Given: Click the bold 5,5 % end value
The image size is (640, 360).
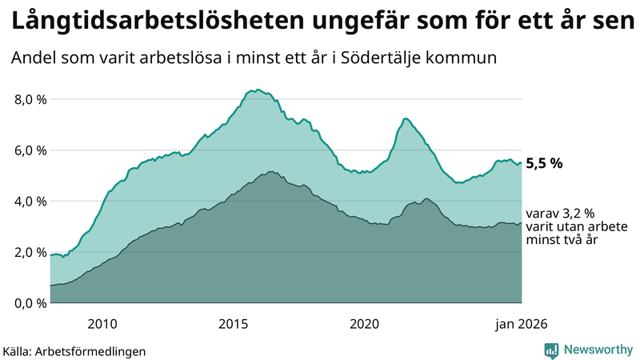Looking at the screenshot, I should pyautogui.click(x=544, y=162).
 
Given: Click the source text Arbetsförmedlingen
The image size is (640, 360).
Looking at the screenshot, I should pyautogui.click(x=100, y=350).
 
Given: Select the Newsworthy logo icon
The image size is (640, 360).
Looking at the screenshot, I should pyautogui.click(x=551, y=350).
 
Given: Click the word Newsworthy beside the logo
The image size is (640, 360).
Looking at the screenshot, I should pyautogui.click(x=598, y=350).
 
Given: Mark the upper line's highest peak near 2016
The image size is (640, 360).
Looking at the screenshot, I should pyautogui.click(x=258, y=90).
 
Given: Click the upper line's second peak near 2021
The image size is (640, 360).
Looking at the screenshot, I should pyautogui.click(x=406, y=118).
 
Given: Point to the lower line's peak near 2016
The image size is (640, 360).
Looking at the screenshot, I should pyautogui.click(x=272, y=171).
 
